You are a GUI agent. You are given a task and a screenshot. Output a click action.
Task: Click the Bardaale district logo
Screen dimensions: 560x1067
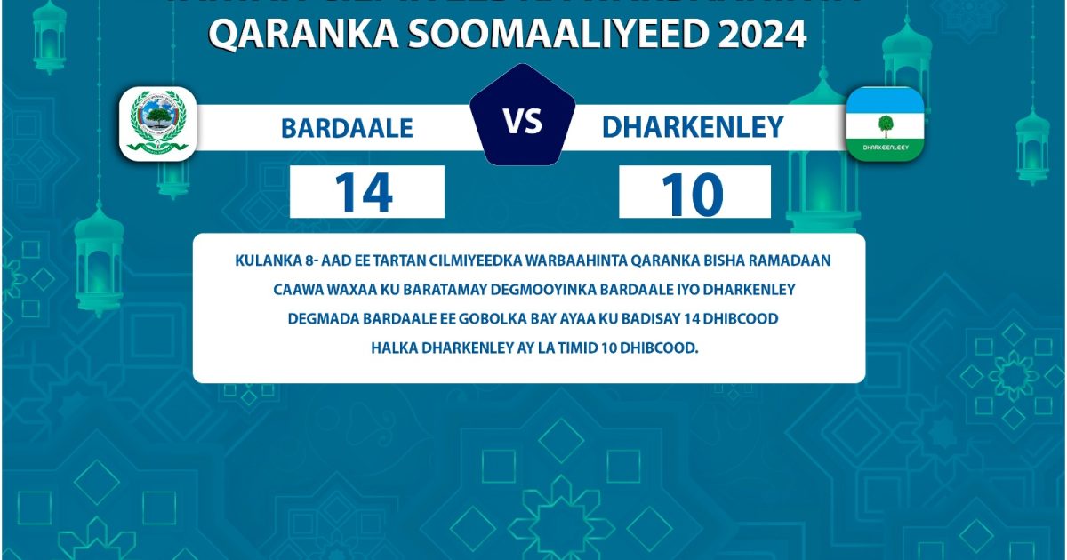click(158, 124)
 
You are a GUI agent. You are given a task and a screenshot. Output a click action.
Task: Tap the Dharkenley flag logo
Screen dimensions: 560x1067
click(884, 124)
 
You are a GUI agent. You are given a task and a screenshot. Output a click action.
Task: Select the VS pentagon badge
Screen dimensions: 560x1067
click(523, 120)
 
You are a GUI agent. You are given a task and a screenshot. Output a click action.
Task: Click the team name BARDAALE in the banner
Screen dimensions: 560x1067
click(347, 128)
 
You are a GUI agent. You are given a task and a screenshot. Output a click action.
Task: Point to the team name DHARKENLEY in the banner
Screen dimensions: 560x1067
click(693, 127)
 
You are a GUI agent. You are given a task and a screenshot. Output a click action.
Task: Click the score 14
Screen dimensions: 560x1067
click(365, 193)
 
